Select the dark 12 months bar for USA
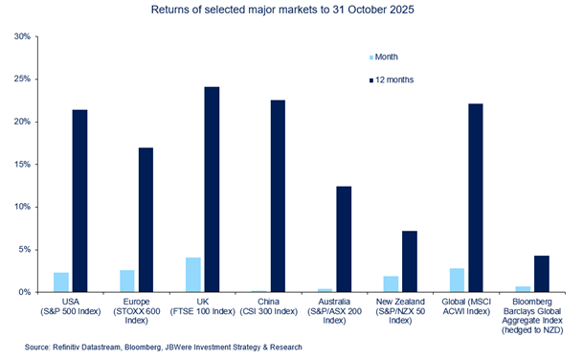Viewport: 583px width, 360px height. click(79, 200)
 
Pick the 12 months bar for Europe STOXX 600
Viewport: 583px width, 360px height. click(146, 219)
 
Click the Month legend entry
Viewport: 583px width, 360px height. click(388, 56)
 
